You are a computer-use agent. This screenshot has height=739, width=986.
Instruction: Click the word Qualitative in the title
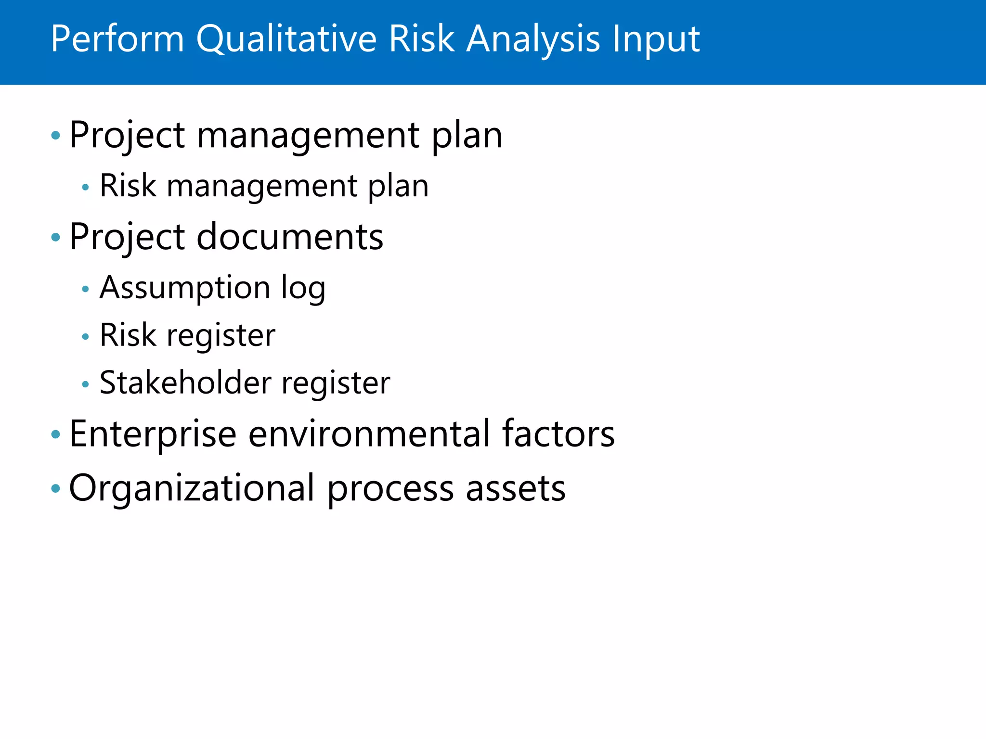coord(286,39)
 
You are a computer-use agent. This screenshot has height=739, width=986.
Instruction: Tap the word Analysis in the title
coord(533,39)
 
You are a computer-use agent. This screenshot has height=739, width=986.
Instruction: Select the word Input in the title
coord(656,39)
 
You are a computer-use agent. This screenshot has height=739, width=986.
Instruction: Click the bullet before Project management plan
coord(56,136)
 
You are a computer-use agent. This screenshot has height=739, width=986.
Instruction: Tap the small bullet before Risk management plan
coord(86,187)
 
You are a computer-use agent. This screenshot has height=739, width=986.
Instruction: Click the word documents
coord(290,237)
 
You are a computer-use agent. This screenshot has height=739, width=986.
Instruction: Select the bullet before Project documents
coord(56,237)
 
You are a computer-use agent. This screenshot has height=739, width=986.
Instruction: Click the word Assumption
coord(185,288)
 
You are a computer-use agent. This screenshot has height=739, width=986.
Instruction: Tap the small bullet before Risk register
coord(86,336)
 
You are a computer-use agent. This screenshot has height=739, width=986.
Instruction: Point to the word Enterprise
coord(153,434)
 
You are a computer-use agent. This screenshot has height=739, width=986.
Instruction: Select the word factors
coord(558,434)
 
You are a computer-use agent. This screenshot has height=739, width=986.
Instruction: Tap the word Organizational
coord(192,488)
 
